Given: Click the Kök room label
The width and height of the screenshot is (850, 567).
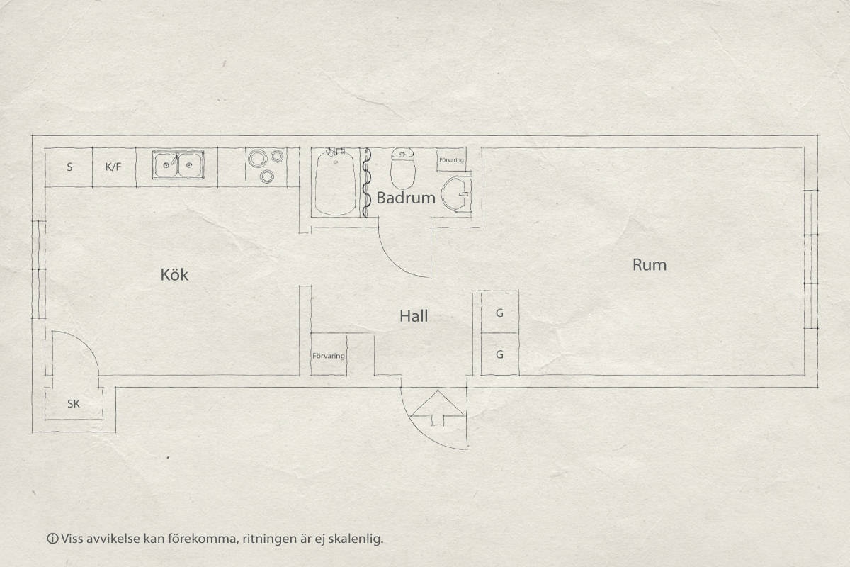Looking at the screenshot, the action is (174, 274).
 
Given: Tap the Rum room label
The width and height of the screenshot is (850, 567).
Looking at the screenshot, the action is (650, 264).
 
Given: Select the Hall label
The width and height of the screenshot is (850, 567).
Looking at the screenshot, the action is (414, 316).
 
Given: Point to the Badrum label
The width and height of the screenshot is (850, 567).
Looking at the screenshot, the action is (406, 198).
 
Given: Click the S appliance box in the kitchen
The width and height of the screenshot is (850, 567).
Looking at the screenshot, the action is (69, 167).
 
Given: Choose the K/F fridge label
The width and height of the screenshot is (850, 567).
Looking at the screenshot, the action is (113, 167).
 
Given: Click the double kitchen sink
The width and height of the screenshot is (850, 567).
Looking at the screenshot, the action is (178, 164).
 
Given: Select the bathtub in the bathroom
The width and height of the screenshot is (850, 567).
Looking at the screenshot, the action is (335, 182).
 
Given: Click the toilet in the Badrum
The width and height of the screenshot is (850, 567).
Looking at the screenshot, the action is (402, 168).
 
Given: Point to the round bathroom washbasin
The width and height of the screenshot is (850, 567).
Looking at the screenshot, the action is (455, 193).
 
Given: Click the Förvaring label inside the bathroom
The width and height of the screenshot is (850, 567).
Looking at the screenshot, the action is (451, 160).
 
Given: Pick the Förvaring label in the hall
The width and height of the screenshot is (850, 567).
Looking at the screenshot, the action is (329, 356).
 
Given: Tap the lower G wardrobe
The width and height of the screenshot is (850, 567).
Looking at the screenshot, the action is (499, 354).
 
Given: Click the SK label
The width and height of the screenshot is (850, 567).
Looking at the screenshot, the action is (74, 404).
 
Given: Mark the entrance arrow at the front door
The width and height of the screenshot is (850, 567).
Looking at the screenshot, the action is (437, 408).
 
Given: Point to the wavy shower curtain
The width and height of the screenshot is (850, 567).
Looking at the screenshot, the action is (366, 182).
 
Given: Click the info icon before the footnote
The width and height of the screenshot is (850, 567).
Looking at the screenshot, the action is (52, 539).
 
